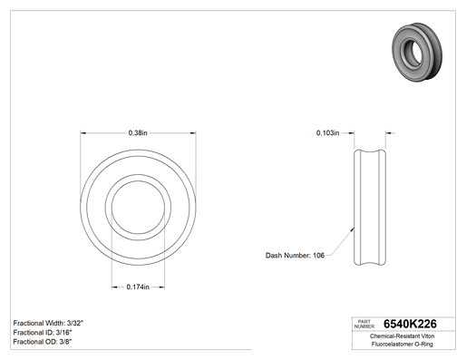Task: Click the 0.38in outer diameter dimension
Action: point(138,133)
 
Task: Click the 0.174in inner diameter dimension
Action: point(138,287)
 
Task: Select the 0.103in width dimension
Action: point(327,132)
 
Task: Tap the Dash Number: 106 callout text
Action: point(295,256)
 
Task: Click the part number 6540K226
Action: point(410,324)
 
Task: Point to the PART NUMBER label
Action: point(364,324)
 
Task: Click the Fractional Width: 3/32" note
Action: point(48,323)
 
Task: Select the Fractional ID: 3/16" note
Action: point(43,333)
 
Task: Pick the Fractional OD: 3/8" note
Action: point(43,342)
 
